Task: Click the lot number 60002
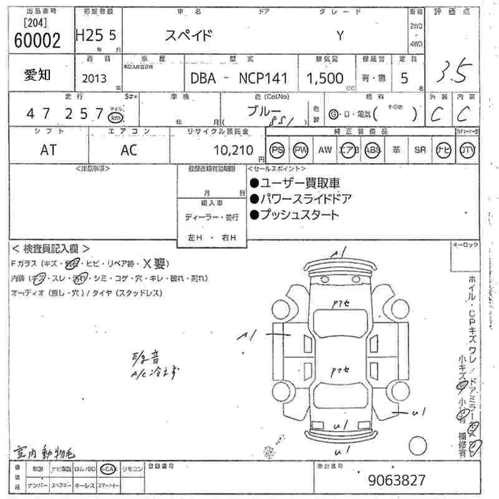pyautogui.click(x=37, y=41)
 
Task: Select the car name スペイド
pyautogui.click(x=189, y=36)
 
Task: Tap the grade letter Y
pyautogui.click(x=339, y=36)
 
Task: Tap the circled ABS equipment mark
pyautogui.click(x=372, y=150)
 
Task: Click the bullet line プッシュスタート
pyautogui.click(x=294, y=215)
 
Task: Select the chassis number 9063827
pyautogui.click(x=397, y=480)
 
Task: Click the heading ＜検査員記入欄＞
pyautogui.click(x=51, y=248)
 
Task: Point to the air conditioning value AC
pyautogui.click(x=129, y=150)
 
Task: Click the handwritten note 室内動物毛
pyautogui.click(x=39, y=451)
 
